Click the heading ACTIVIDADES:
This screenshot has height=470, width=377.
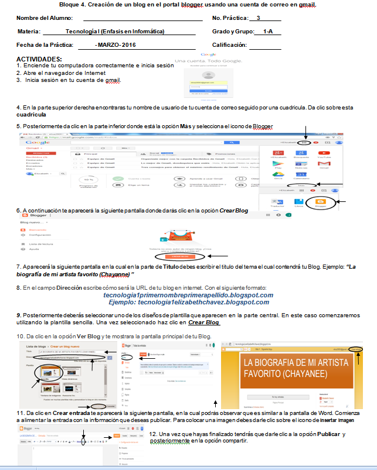coord(39,59)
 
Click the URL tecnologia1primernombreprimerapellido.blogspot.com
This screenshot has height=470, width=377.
coord(188,295)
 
